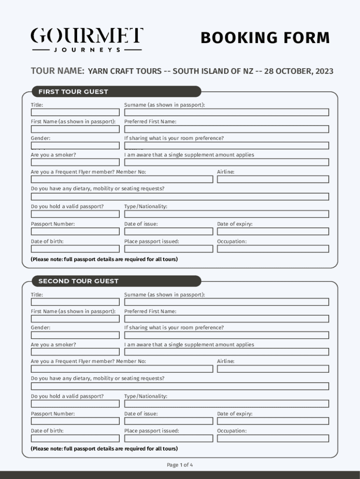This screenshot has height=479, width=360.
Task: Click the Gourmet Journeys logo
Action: click(87, 39)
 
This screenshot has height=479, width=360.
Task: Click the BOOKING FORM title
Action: click(265, 38)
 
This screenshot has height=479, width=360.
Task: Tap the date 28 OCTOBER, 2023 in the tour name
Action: click(299, 71)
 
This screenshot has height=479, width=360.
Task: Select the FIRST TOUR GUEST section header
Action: click(73, 92)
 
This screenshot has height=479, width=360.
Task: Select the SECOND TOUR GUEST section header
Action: click(78, 281)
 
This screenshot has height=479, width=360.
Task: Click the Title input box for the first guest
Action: click(75, 112)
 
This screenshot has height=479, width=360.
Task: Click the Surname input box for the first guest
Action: click(226, 112)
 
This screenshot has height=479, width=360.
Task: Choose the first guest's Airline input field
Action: click(273, 179)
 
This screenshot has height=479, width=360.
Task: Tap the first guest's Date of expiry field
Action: click(273, 232)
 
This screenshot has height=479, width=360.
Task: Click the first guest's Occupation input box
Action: click(273, 249)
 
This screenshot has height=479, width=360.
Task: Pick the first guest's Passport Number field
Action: click(75, 232)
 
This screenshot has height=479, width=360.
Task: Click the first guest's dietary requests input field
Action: click(180, 196)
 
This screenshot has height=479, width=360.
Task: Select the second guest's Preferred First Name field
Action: click(226, 319)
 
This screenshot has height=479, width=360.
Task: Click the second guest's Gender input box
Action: click(75, 335)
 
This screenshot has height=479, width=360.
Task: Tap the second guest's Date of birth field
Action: click(75, 438)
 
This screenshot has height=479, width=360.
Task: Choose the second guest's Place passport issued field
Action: click(168, 438)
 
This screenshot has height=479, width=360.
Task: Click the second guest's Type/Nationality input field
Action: click(226, 404)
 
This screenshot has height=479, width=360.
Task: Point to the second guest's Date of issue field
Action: click(168, 421)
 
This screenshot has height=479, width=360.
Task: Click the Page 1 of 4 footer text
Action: click(180, 465)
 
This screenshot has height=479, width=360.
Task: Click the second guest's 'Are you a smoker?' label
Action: click(53, 345)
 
